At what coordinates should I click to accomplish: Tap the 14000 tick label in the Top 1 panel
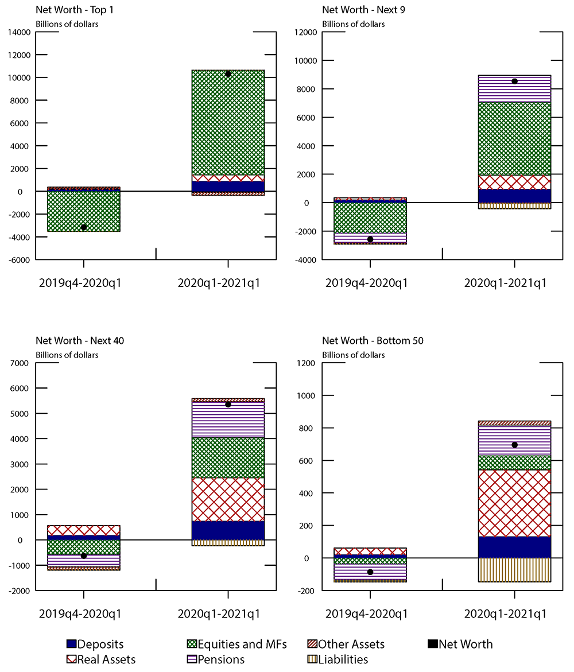click(x=20, y=32)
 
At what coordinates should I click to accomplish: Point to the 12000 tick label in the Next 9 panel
click(x=306, y=32)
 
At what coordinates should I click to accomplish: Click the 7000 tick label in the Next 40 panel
click(x=22, y=363)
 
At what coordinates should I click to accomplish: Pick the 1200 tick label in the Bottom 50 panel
click(x=308, y=363)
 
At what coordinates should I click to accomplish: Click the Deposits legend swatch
click(x=71, y=644)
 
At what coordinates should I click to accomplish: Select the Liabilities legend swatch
click(x=312, y=659)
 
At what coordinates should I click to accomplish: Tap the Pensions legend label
click(x=221, y=659)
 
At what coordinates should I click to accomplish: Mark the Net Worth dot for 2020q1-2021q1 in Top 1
click(x=228, y=74)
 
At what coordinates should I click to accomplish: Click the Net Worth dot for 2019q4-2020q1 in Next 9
click(x=370, y=239)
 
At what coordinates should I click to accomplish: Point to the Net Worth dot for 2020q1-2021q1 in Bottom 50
click(x=514, y=445)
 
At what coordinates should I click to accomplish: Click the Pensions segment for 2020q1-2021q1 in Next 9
click(x=514, y=88)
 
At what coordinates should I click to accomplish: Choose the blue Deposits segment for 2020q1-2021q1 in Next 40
click(x=228, y=530)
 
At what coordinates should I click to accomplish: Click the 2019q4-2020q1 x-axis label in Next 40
click(x=84, y=613)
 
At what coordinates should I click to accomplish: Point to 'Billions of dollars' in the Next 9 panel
click(x=354, y=24)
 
